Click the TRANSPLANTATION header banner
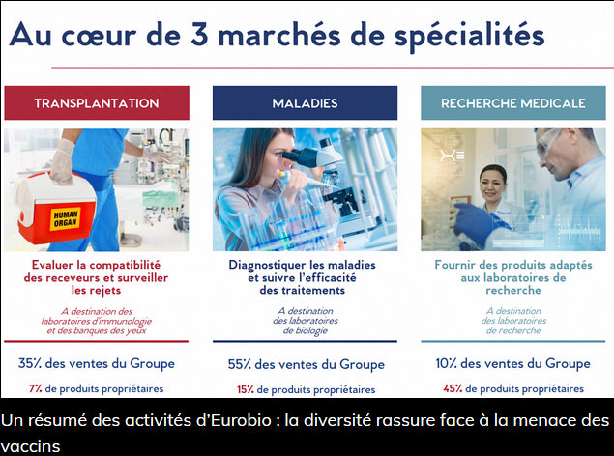pyautogui.click(x=97, y=102)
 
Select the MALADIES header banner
pyautogui.click(x=305, y=102)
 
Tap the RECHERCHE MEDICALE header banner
pyautogui.click(x=513, y=102)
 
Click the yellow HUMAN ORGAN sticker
pyautogui.click(x=65, y=218)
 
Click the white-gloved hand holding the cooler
pyautogui.click(x=62, y=161)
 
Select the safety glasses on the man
pyautogui.click(x=549, y=142)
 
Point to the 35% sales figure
pyautogui.click(x=29, y=363)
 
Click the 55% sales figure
pyautogui.click(x=239, y=364)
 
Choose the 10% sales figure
pyautogui.click(x=446, y=363)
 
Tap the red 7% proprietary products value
pyautogui.click(x=35, y=388)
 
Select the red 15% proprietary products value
pyautogui.click(x=246, y=389)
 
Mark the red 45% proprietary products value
pyautogui.click(x=453, y=388)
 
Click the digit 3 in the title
pyautogui.click(x=199, y=35)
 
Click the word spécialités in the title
pyautogui.click(x=470, y=36)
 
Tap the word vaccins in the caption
pyautogui.click(x=30, y=446)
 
